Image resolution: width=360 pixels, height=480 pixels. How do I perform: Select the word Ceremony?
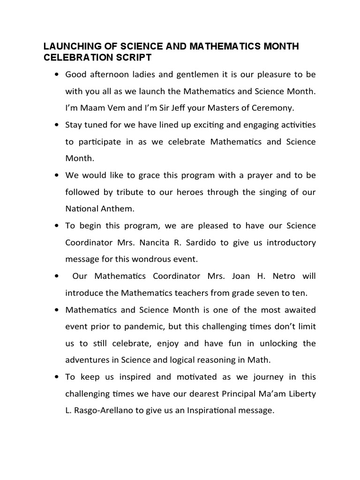click(272, 108)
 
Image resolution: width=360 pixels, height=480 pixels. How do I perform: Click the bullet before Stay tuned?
click(56, 125)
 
